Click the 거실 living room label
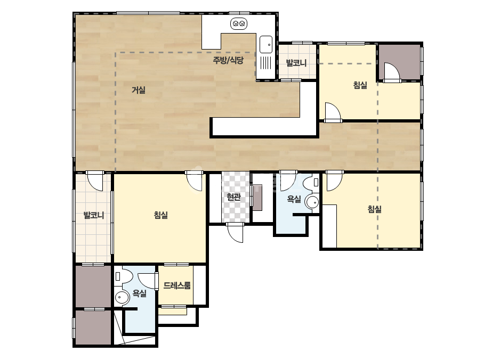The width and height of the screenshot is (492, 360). pos(139,91)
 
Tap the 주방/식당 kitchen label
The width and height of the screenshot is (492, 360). pos(228,60)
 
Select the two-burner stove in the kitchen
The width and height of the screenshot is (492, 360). pos(239,23)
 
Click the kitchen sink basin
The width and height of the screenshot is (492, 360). pos(266,45)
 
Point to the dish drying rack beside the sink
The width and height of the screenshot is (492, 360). pos(266,62)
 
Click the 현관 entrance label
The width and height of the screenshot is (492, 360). pos(234,197)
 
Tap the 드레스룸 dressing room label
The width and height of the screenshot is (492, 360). pos(177,285)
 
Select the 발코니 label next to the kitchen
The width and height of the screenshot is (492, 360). pos(296,63)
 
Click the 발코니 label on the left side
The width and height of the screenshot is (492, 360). pos(93,216)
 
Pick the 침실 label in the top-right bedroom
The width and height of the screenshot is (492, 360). pos(360,85)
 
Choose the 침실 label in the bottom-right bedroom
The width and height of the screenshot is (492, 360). pos(375,209)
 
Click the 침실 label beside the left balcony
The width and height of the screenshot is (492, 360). pos(161,215)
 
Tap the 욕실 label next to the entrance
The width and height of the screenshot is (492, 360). pos(294,199)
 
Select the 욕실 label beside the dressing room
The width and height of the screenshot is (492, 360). pos(140,293)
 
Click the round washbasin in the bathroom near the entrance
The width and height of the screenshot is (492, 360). pos(312,202)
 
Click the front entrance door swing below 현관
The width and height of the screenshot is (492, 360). pos(235,233)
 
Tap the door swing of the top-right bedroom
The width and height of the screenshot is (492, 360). pos(333,112)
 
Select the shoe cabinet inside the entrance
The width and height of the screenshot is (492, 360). pos(257,197)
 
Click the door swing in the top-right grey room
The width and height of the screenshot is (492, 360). pos(392,72)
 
